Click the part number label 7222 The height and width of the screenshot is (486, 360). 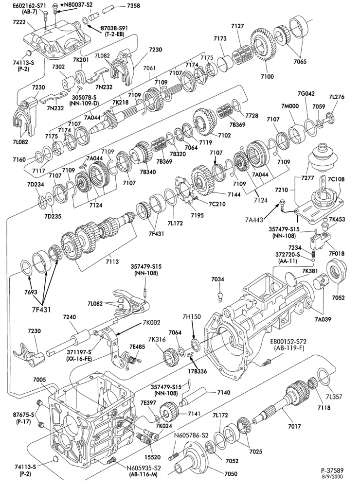(x=19, y=23)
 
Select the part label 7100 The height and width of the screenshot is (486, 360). (x=267, y=76)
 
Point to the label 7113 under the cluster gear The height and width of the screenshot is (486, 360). (x=112, y=261)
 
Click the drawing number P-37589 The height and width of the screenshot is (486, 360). (x=332, y=470)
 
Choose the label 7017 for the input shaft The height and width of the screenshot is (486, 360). (x=294, y=427)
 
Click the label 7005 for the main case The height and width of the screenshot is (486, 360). (x=39, y=380)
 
